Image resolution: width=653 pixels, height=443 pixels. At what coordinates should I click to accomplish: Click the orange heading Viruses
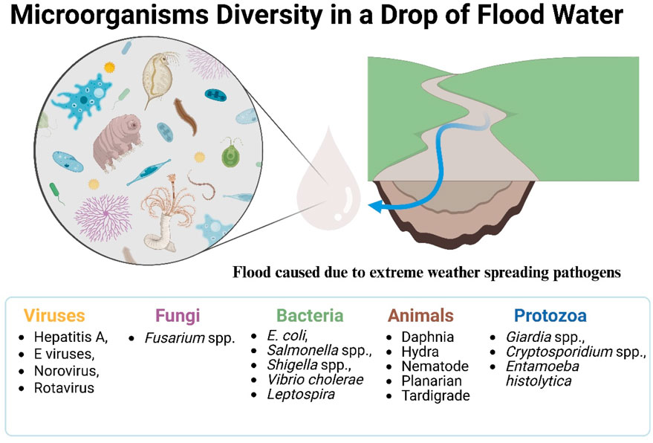pyautogui.click(x=53, y=314)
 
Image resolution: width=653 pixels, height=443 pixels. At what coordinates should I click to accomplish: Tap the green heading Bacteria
pyautogui.click(x=309, y=314)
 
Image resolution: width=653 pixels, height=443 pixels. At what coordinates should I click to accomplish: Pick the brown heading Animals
pyautogui.click(x=420, y=314)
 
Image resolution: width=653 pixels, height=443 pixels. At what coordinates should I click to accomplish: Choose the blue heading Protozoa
pyautogui.click(x=547, y=314)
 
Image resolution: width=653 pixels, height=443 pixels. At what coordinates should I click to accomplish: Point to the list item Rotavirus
pyautogui.click(x=64, y=387)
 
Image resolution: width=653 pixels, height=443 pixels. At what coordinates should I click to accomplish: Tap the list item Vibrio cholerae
pyautogui.click(x=316, y=379)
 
